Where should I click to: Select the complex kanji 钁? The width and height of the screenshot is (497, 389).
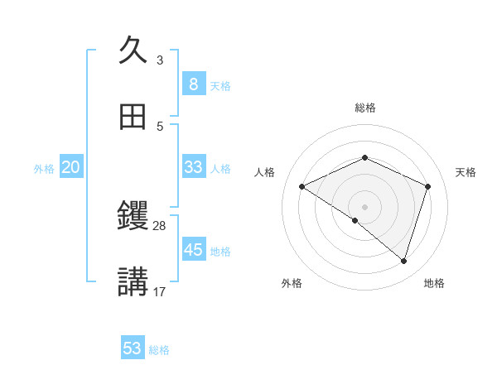133,217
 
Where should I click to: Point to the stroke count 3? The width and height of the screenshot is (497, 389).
160,60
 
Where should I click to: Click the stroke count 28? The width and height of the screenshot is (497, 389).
160,226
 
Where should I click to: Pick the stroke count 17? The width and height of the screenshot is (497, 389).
160,292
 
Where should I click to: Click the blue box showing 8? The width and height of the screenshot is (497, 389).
193,84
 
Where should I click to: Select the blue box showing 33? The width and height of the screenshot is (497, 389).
193,166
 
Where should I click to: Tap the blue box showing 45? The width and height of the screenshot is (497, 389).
193,249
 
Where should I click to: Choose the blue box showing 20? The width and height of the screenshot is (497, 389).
70,167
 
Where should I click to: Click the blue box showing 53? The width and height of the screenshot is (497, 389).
132,348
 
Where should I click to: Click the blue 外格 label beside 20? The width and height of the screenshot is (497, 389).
44,169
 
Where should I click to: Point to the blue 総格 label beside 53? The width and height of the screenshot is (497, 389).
159,350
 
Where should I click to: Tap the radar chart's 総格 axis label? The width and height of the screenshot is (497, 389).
365,108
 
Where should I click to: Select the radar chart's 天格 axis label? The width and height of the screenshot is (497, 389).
466,172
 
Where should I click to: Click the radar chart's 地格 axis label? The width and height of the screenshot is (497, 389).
434,283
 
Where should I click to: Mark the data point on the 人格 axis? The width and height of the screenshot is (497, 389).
302,187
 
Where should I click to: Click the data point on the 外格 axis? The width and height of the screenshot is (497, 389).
355,221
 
